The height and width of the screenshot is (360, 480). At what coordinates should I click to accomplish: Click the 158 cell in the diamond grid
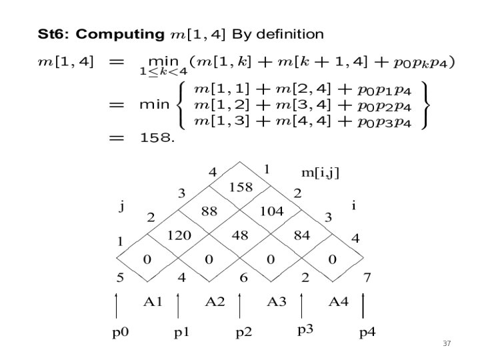(240, 187)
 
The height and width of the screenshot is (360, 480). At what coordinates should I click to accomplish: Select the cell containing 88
(209, 211)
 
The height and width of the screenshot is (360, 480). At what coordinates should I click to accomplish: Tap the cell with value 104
(271, 211)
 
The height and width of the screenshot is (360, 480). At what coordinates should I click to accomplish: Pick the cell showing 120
(178, 235)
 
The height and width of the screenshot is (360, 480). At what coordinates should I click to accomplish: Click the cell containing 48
(240, 235)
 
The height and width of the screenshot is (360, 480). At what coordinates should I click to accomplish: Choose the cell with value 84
(301, 235)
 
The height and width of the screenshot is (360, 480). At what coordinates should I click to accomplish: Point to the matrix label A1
(153, 301)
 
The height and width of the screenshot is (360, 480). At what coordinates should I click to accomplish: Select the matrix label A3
(277, 301)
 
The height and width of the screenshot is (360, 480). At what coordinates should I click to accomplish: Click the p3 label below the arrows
(305, 329)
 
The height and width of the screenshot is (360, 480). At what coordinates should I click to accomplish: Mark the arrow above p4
(363, 305)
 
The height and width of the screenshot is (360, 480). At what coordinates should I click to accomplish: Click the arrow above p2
(239, 305)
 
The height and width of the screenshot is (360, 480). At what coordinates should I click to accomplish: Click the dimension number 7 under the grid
(366, 277)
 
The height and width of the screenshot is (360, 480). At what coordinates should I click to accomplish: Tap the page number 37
(447, 343)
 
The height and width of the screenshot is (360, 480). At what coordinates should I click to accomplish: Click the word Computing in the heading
(125, 33)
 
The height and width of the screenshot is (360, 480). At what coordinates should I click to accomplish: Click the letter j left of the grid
(121, 206)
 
